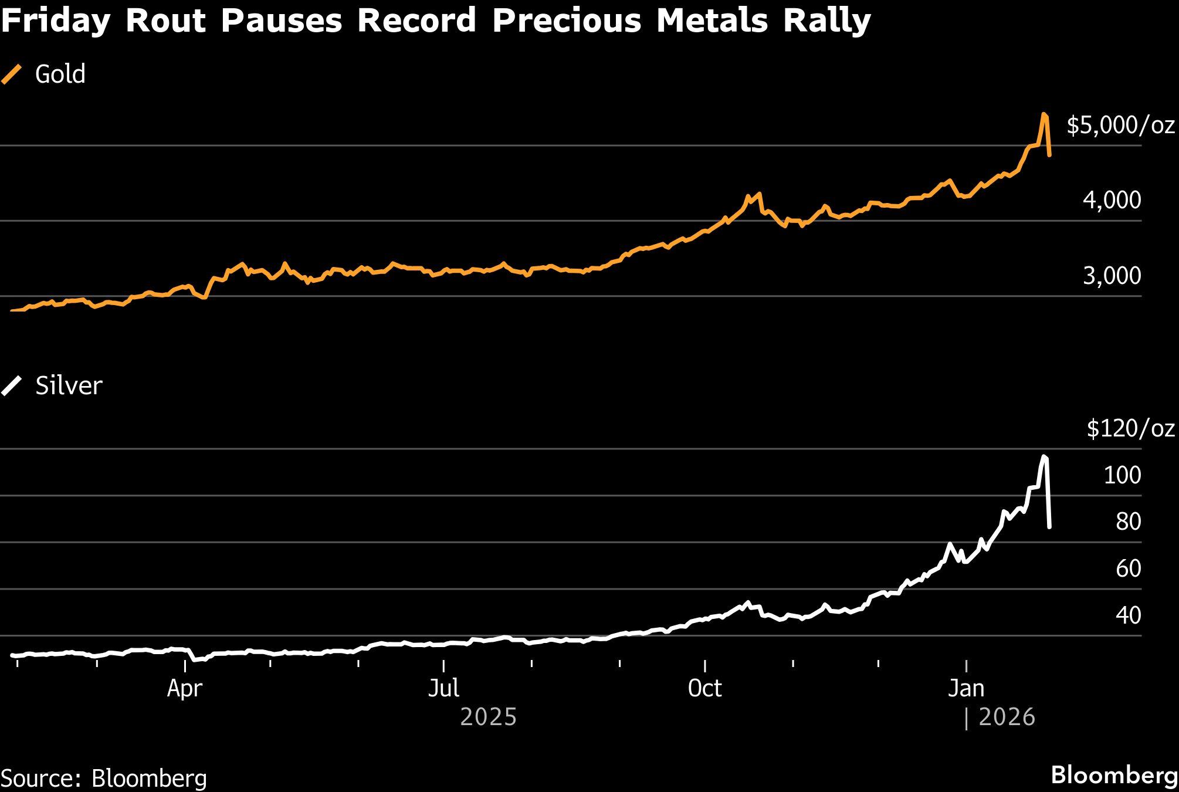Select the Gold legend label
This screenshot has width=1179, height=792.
(60, 75)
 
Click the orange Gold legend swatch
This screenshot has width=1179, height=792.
(11, 75)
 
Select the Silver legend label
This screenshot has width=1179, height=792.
(69, 386)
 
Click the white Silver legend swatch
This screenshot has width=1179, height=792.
(11, 386)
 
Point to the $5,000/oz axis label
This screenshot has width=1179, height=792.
(1120, 125)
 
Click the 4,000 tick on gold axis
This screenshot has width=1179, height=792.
(1112, 200)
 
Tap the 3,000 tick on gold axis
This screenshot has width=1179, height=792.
(1112, 276)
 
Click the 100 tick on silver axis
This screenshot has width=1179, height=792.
(1122, 475)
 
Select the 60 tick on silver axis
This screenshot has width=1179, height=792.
(1128, 568)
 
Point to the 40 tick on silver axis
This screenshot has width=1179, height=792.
(1128, 615)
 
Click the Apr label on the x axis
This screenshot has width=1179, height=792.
(185, 688)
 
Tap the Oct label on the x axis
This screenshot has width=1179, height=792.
(704, 688)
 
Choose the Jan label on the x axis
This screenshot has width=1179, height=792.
(966, 688)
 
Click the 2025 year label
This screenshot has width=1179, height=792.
(488, 717)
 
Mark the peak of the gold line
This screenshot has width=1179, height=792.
(1044, 114)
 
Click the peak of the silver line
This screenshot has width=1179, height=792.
(1044, 456)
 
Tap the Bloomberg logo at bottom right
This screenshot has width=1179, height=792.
(1114, 775)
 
